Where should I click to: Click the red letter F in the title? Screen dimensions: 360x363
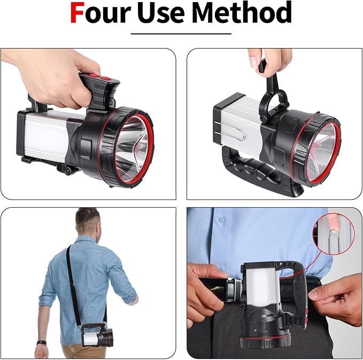[79, 13]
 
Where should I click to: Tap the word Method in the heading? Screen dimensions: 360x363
[248, 13]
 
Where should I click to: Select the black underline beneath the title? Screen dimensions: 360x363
[181, 34]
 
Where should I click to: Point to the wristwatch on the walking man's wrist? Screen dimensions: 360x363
[41, 342]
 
